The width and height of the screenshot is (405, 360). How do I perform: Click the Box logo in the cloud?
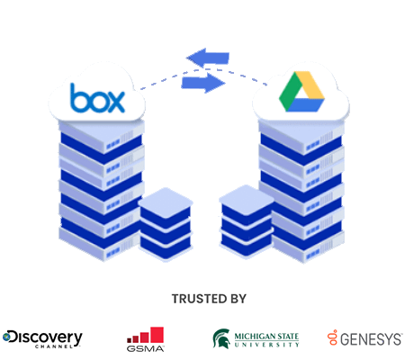click(x=97, y=98)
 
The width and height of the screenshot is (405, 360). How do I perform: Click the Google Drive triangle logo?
click(x=301, y=92)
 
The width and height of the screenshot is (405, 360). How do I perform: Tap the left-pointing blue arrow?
click(x=208, y=58)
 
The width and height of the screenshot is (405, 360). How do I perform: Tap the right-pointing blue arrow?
click(x=203, y=83)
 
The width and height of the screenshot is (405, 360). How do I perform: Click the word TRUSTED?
click(x=194, y=299)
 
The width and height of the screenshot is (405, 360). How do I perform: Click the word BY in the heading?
click(x=238, y=299)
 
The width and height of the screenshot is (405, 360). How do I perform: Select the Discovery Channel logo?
click(x=42, y=339)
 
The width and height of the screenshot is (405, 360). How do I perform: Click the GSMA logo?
click(x=145, y=339)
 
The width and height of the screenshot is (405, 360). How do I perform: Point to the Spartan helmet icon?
click(x=221, y=338)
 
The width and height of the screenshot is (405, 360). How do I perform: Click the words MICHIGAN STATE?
click(x=266, y=337)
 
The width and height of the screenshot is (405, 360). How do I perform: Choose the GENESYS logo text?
click(x=371, y=339)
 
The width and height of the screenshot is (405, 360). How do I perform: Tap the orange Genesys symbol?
click(x=332, y=337)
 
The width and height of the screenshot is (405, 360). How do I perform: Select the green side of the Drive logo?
click(x=290, y=90)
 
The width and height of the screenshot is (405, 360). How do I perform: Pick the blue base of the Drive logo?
click(x=304, y=105)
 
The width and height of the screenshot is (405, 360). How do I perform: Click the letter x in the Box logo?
click(x=115, y=102)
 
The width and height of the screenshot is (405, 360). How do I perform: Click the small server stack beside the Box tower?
click(x=166, y=223)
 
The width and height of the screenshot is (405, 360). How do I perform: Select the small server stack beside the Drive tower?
click(x=247, y=220)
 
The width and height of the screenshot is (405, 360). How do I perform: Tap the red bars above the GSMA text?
click(x=145, y=335)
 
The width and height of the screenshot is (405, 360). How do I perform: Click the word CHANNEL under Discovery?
click(x=54, y=346)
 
